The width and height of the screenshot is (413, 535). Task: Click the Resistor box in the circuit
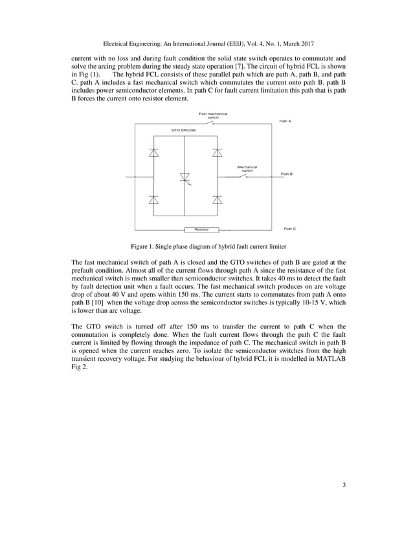click(201, 229)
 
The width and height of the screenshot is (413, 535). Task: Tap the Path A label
click(285, 121)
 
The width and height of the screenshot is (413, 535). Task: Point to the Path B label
click(287, 174)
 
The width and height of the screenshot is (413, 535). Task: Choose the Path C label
click(289, 229)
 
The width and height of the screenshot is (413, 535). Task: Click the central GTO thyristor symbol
click(184, 177)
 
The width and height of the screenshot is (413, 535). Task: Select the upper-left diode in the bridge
click(153, 153)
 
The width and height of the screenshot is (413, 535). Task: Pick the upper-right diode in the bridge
click(217, 153)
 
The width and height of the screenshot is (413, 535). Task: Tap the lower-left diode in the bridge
click(153, 199)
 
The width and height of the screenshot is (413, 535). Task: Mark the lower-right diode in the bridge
click(217, 199)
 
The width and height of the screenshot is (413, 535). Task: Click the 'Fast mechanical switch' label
click(213, 115)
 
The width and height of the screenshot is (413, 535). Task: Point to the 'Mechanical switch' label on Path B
click(247, 168)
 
